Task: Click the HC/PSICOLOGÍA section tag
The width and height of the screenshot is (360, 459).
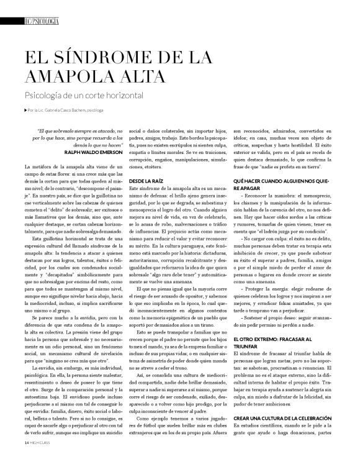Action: [x=41, y=21]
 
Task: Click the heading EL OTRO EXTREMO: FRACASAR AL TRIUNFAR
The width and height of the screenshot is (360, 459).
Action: [x=273, y=342]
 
